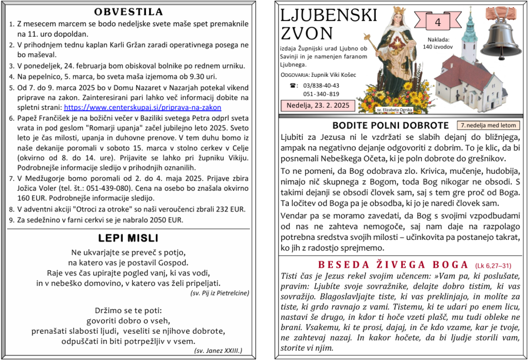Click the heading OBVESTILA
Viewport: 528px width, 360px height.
(x=129, y=12)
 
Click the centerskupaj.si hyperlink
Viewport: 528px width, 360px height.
(x=142, y=108)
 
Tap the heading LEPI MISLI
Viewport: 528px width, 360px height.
(x=128, y=238)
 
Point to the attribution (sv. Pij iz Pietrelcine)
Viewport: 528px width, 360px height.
(x=220, y=293)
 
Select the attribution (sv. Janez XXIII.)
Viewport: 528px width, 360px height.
(x=218, y=351)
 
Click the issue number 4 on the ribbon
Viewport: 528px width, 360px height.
(x=438, y=22)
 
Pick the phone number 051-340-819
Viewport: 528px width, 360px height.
(x=321, y=94)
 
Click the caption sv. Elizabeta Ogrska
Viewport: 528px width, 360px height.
(x=395, y=110)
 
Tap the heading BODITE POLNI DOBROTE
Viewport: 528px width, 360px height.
(x=390, y=125)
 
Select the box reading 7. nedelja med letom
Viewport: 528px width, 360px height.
(x=488, y=125)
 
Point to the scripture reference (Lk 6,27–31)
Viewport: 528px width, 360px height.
(x=493, y=266)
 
